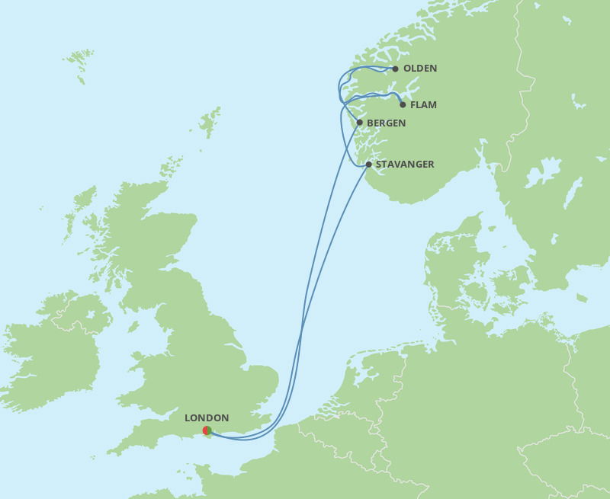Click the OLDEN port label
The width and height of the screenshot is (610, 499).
419,69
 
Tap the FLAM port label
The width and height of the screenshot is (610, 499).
423,105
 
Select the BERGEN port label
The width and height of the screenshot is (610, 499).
386,123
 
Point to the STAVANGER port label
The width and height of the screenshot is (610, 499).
405,165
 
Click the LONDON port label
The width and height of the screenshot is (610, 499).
207,418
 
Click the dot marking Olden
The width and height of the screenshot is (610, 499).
395,69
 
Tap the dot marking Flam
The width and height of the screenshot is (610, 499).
403,104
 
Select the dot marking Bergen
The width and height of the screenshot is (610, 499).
360,122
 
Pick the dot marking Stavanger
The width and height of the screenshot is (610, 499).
368,165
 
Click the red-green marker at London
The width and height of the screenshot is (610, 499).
207,430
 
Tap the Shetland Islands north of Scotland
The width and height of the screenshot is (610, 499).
209,122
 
